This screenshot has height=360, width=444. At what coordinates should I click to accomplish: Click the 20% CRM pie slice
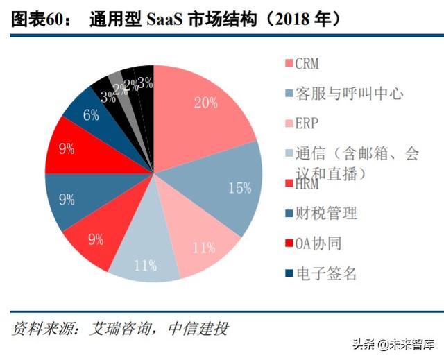click(205, 111)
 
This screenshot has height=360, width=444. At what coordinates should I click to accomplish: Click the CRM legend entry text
click(307, 64)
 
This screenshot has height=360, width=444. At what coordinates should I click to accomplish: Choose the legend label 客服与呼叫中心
click(348, 93)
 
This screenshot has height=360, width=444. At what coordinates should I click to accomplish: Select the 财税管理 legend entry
click(326, 213)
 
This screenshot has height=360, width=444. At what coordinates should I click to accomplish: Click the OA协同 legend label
click(318, 243)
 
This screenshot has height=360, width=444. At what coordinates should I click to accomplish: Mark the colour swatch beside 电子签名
click(287, 273)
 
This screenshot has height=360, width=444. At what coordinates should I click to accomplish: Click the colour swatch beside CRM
click(287, 64)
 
